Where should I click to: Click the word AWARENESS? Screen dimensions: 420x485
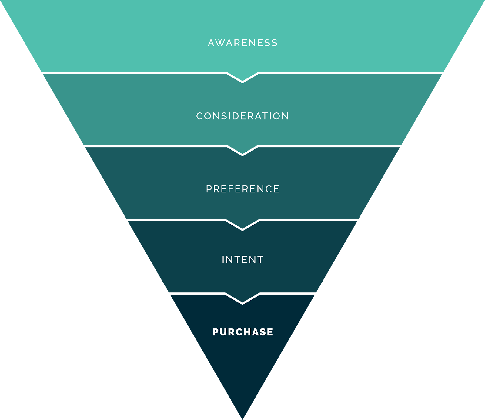242,43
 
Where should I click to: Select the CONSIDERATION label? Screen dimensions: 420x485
242,116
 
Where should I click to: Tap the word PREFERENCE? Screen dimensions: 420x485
242,189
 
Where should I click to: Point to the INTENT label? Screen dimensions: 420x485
242,260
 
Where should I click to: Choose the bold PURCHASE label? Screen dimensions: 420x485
242,332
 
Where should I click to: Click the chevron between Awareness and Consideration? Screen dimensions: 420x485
242,78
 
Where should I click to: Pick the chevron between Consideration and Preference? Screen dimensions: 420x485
242,151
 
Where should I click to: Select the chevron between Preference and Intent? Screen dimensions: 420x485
242,226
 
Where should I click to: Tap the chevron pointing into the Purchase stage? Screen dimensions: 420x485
242,299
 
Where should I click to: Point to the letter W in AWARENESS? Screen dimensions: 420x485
222,43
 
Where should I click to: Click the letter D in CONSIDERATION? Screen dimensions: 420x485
236,116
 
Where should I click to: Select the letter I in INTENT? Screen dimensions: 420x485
223,260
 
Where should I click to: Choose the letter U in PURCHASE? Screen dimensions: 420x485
224,332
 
